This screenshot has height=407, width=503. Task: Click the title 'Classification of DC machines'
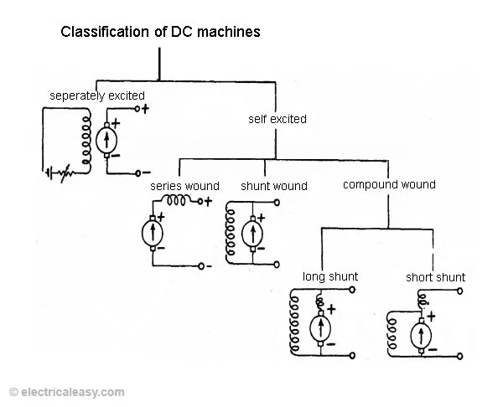coord(160,33)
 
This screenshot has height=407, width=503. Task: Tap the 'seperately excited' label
coord(96,95)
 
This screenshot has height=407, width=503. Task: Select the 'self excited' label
coord(277,119)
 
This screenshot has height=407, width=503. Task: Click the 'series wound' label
coord(184,185)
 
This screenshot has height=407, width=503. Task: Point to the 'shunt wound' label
coord(273,186)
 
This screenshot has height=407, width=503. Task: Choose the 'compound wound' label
coord(389,184)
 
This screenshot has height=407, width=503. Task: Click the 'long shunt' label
coord(329,276)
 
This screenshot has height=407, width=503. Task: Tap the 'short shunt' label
coord(435,277)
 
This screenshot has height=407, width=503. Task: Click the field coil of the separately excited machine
coord(84,139)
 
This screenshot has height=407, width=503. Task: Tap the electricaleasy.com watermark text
coord(67,392)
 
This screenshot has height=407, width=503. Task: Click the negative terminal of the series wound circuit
coord(201,266)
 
